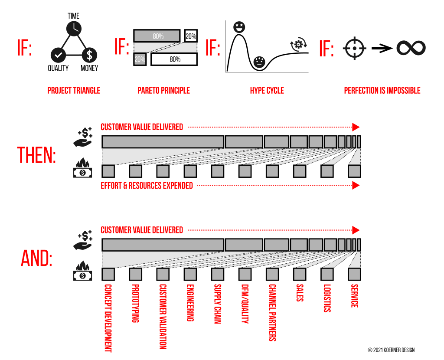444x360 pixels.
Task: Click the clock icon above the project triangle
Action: tap(74, 28)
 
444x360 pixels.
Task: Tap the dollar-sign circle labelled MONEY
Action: tap(90, 55)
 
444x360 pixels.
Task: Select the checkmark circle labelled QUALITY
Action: tap(58, 55)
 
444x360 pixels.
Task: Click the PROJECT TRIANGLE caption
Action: tap(74, 91)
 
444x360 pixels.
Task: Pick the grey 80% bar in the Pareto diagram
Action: tap(157, 36)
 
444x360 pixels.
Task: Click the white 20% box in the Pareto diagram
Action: tap(191, 36)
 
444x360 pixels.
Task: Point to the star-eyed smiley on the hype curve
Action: tap(239, 27)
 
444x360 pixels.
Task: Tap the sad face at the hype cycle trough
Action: tap(259, 62)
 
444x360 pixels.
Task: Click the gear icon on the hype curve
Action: tap(298, 44)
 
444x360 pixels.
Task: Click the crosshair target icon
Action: tap(355, 48)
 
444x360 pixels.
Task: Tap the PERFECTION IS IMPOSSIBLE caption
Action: tap(382, 91)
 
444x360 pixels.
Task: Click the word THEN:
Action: tap(37, 155)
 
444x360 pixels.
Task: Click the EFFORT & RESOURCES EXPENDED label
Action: tap(147, 186)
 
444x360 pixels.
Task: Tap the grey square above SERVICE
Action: tap(354, 274)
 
